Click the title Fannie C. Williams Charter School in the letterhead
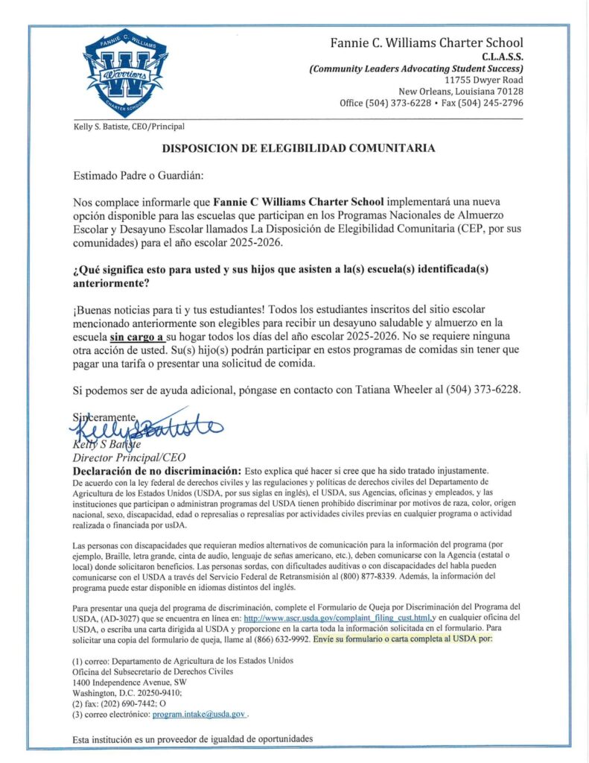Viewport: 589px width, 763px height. (427, 42)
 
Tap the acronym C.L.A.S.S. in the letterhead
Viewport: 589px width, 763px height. (502, 56)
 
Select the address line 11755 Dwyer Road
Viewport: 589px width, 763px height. (483, 80)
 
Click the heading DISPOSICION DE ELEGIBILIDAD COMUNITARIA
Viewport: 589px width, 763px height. (299, 148)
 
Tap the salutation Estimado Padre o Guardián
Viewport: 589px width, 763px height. (138, 176)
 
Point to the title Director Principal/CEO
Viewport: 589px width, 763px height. (128, 458)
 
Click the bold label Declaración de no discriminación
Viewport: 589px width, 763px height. (156, 472)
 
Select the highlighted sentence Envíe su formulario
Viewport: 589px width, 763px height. (403, 639)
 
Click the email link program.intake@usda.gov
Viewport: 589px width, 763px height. (199, 714)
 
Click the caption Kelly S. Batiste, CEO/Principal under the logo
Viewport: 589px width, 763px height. (128, 127)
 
